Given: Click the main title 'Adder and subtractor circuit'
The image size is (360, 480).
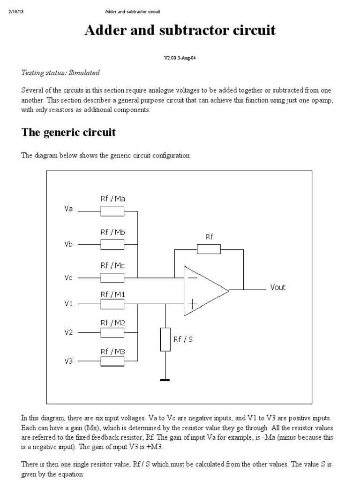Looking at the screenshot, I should [180, 30].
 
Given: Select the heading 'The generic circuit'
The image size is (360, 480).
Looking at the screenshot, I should [68, 132].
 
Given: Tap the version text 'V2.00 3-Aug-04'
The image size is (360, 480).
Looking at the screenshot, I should [180, 58].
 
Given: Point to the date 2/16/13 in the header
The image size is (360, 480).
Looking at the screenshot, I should [16, 11].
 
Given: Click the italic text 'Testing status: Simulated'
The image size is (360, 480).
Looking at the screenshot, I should [60, 73].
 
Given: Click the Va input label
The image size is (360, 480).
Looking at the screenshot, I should [69, 209].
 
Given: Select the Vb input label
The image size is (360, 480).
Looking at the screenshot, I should [69, 244].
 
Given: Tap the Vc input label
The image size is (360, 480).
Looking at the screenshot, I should [69, 277].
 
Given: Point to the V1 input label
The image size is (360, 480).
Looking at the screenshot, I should [69, 304].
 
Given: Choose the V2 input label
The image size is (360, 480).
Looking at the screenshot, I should [69, 332].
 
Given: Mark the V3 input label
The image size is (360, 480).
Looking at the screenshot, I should [69, 361].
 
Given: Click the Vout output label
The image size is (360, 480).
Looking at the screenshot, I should [277, 287].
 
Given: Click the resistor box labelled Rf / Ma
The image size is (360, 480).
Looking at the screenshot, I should [112, 211].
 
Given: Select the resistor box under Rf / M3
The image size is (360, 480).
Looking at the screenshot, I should [112, 361].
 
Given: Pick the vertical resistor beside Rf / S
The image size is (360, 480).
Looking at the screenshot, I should [165, 339].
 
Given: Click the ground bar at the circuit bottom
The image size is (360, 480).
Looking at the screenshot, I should [165, 380].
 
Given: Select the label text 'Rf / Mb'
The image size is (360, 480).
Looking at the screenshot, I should [112, 232].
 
